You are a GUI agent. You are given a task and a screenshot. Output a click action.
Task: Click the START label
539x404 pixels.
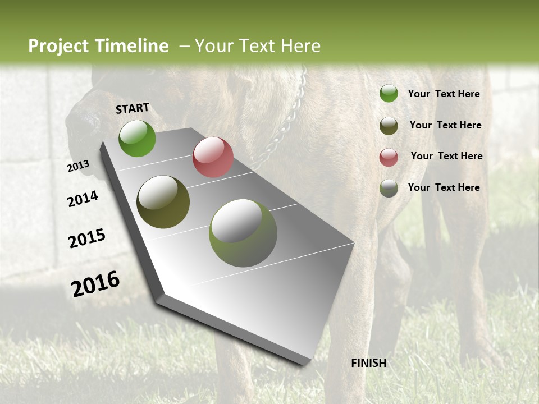click(x=133, y=108)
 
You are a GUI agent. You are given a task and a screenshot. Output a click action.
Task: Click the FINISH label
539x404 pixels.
click(x=368, y=363)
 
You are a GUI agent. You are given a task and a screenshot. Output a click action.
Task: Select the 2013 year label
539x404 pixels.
click(x=78, y=166)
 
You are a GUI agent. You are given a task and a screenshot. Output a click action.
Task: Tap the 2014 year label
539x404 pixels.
click(x=83, y=199)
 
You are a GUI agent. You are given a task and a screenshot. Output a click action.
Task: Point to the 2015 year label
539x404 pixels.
click(x=86, y=238)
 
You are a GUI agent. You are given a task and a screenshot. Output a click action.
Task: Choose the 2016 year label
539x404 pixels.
click(x=95, y=284)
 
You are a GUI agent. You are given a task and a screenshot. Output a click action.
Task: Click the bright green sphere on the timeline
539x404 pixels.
click(x=137, y=139)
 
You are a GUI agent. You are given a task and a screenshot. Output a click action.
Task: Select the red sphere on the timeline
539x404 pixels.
click(x=213, y=157)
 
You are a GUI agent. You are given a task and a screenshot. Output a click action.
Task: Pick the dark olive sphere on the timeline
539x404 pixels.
click(x=163, y=202)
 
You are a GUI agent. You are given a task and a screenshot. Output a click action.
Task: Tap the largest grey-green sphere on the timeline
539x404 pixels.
click(x=243, y=233)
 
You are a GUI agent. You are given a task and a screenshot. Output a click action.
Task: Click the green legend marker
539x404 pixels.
click(x=389, y=94)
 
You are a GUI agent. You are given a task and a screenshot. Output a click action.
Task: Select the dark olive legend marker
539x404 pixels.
click(x=389, y=126)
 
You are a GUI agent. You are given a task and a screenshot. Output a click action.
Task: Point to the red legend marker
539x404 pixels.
click(x=389, y=157)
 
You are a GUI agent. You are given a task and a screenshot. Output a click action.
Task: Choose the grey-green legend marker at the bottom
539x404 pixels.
click(x=389, y=188)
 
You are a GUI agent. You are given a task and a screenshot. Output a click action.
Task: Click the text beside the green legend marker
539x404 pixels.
click(x=444, y=94)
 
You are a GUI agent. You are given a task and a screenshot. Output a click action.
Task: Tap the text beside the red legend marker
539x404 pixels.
click(x=446, y=156)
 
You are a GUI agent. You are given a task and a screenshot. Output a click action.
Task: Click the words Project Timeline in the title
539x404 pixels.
click(x=98, y=46)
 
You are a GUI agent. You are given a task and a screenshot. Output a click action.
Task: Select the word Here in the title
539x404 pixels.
click(x=300, y=46)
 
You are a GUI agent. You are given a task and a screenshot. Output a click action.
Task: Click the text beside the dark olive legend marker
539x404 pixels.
click(x=445, y=125)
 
